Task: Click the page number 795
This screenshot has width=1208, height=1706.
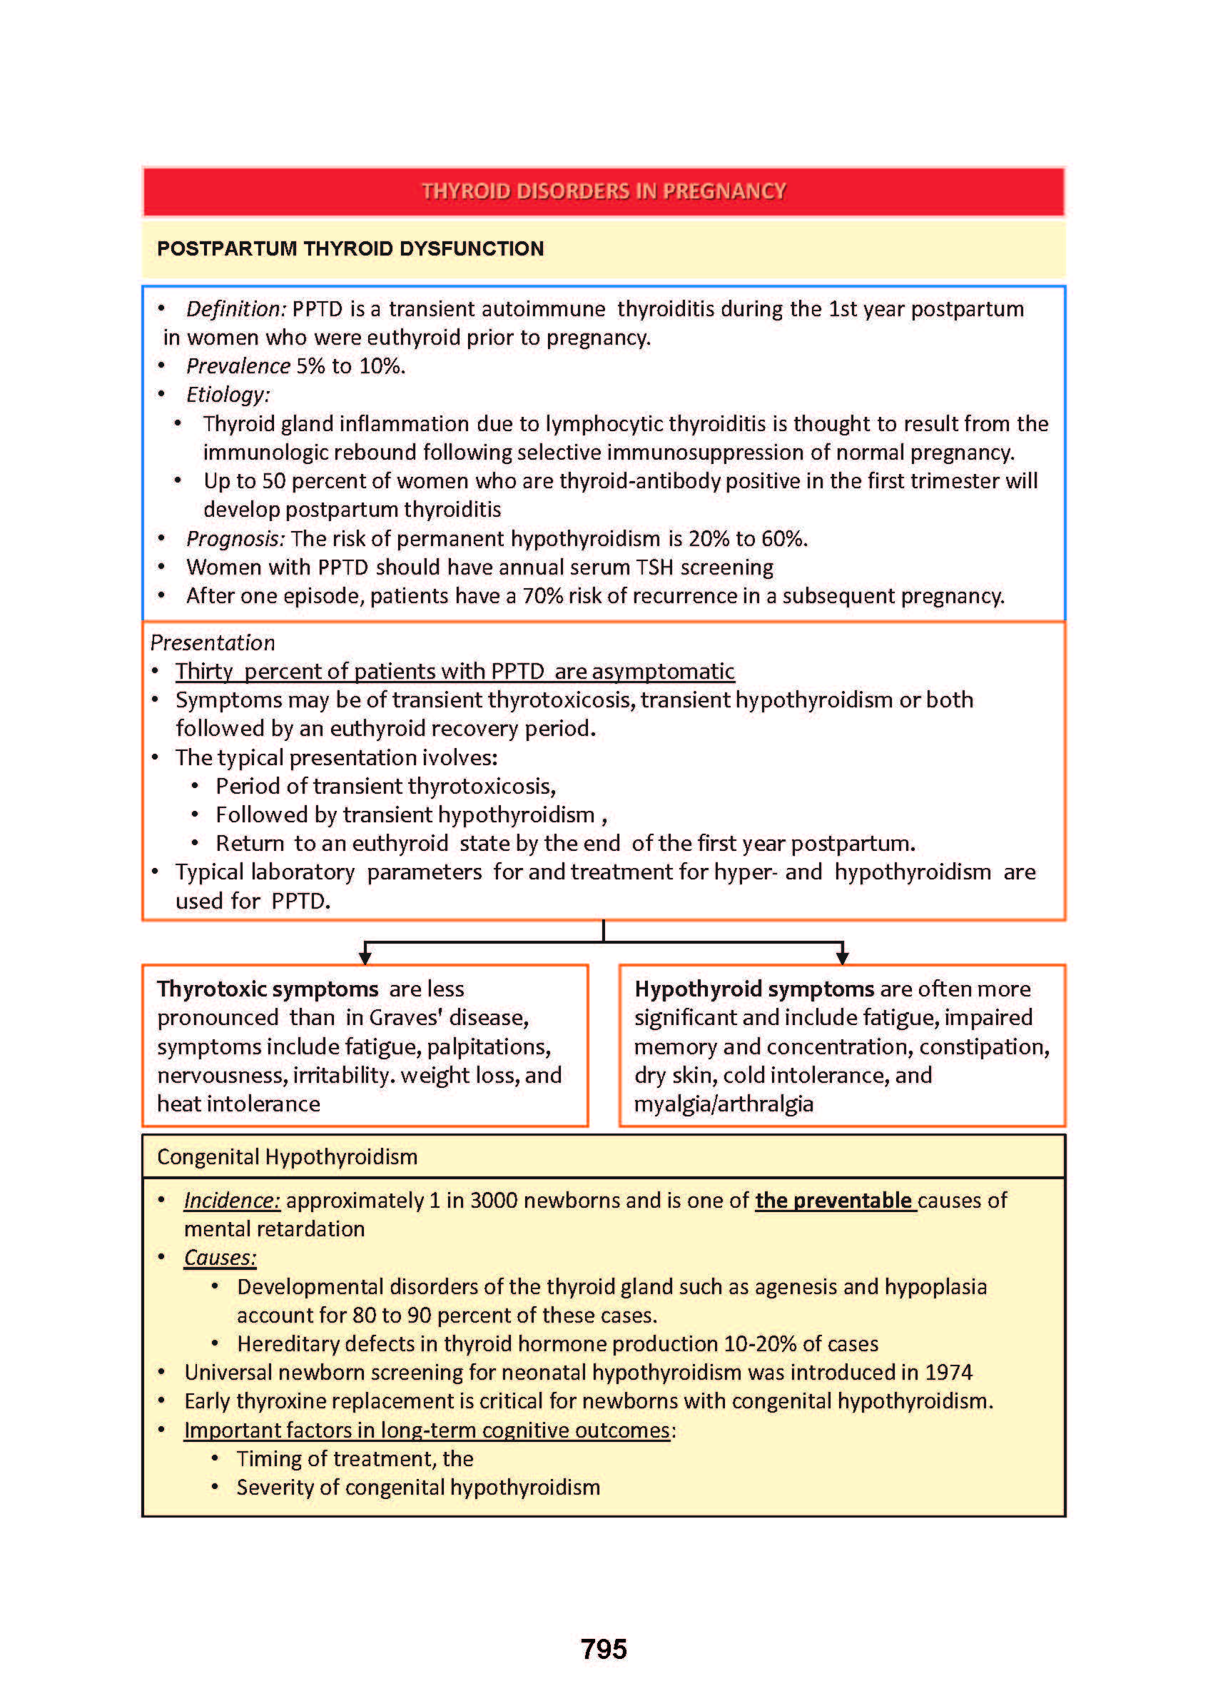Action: [603, 1650]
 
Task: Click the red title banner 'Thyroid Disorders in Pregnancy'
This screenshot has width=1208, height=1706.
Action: [603, 191]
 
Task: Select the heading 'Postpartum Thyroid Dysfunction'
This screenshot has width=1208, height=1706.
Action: [350, 248]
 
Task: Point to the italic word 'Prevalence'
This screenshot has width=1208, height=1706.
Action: [238, 366]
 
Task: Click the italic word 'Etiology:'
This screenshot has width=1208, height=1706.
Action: [228, 394]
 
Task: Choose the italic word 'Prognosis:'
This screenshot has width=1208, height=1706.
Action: [235, 538]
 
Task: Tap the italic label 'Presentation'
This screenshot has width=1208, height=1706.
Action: [213, 643]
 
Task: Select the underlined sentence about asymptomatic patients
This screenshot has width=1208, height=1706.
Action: [455, 672]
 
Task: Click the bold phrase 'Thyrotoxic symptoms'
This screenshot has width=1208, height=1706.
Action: [268, 989]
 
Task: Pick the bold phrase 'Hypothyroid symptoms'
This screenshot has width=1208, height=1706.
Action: [754, 989]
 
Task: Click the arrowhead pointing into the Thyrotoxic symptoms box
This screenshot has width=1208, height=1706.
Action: [365, 957]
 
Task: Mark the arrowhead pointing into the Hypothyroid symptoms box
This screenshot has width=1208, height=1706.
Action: [842, 957]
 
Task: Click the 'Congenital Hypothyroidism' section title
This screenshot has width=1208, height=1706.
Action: [287, 1157]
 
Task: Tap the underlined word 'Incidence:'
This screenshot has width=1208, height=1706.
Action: [232, 1200]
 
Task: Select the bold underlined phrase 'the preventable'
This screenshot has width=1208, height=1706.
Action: [836, 1200]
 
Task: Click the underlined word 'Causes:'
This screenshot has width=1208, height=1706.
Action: [220, 1257]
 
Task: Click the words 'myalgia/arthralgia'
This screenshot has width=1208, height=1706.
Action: [724, 1104]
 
